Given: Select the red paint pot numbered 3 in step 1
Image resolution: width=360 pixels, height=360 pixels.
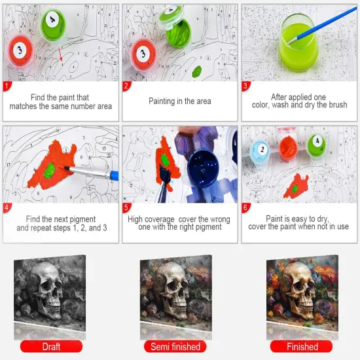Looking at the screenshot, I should pos(22,50).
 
